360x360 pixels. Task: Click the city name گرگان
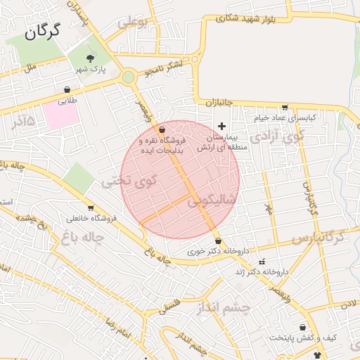coord(42,31)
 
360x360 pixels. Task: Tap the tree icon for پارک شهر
coord(89,58)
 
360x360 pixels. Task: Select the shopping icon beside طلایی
coord(67,90)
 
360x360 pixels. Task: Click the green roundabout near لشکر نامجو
coord(128,77)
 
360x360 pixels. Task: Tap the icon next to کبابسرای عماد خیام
coord(284,108)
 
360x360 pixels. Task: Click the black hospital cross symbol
coord(222,125)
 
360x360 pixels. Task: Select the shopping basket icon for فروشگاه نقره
coord(162,130)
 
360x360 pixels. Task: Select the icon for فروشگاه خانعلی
coord(91,207)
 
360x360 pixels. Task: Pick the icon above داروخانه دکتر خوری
coord(219,241)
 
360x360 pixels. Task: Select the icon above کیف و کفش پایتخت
coord(303,328)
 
